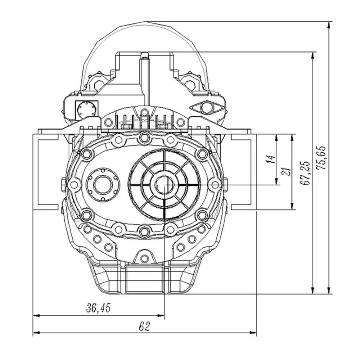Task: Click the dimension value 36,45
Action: (98, 308)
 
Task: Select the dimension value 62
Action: (144, 326)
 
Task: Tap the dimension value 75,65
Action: (321, 158)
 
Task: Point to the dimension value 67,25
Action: (305, 173)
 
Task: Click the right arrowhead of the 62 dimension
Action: (253, 332)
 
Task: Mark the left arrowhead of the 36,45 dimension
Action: (37, 315)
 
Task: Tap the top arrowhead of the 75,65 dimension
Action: (329, 25)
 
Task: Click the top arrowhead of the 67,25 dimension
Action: (312, 55)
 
